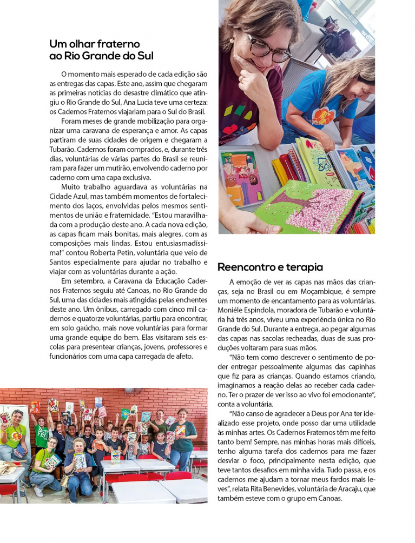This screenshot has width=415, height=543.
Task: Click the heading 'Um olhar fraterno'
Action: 95,44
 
